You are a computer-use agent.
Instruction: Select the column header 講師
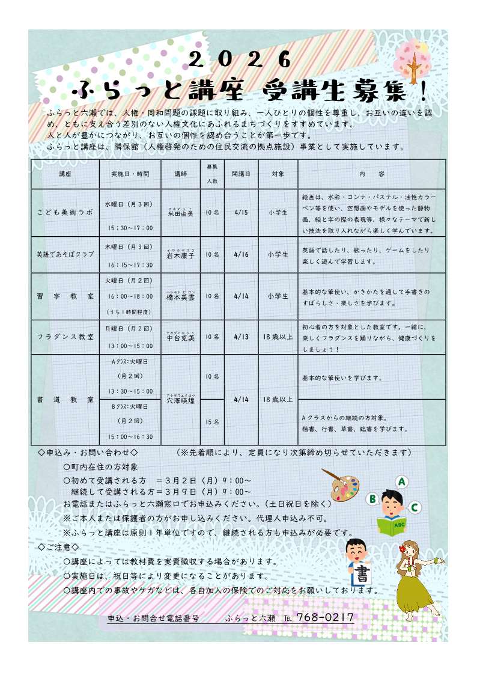coord(180,174)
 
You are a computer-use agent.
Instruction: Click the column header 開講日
coord(241,174)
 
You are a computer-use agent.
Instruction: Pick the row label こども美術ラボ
coord(65,212)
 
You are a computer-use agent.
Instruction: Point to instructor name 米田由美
coord(180,213)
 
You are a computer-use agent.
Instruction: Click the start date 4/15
coord(241,212)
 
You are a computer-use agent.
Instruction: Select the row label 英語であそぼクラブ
coord(65,254)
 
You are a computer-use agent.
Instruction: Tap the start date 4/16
coord(241,254)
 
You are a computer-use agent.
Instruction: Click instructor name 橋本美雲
coord(180,297)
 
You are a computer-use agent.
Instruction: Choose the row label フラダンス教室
coord(65,337)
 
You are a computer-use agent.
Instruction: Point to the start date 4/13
coord(241,337)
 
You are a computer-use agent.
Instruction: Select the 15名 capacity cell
coord(212,423)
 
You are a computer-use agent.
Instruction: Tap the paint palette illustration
coord(339,484)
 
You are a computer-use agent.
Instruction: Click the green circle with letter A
coord(402,481)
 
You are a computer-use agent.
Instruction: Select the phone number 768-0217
coord(325,617)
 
